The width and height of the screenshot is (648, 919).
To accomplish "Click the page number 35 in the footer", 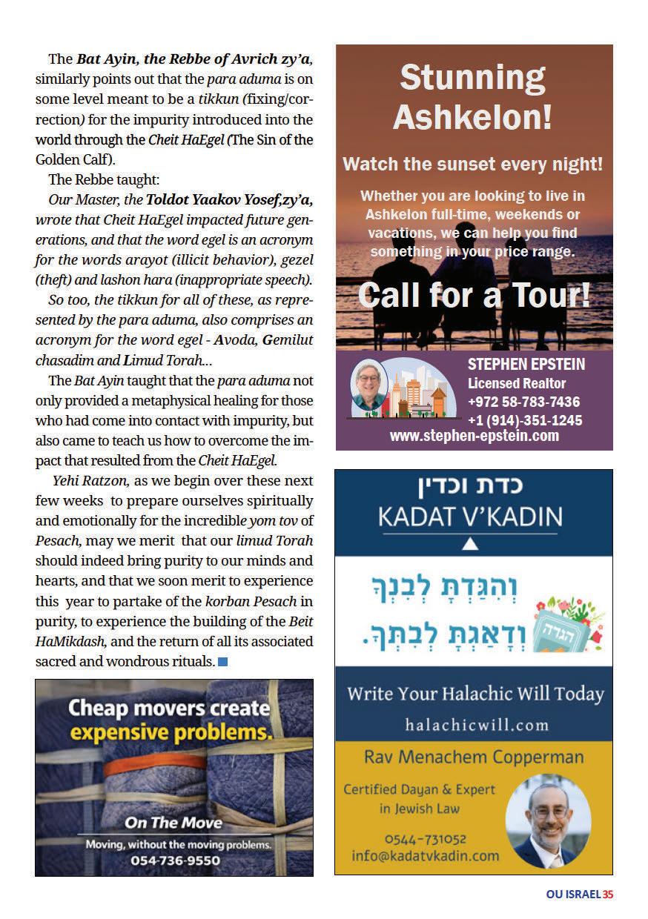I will point(608,895).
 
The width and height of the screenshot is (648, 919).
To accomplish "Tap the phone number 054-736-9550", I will point(175,860).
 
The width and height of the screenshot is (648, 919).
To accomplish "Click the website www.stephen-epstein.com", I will point(474,437).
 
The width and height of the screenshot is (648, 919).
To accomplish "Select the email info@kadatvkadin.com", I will point(425,855).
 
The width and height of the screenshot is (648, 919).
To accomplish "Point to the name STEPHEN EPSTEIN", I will point(526,364).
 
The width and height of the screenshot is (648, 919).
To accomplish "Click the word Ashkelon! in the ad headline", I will point(472,117).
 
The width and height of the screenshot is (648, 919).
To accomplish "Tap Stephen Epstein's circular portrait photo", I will point(368,385).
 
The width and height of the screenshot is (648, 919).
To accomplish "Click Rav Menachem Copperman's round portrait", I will point(547,821).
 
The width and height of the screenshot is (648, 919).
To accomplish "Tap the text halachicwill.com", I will point(477,724).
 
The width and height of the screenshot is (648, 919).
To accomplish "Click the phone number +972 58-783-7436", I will point(523,402).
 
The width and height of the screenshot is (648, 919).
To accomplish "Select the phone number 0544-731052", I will point(425,839).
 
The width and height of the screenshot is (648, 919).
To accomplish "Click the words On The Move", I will point(173,822).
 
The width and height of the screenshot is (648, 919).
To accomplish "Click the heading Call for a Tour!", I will point(474,295).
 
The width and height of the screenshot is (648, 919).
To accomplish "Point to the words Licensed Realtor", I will point(516,383).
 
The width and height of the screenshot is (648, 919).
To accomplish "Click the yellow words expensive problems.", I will point(171,733).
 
